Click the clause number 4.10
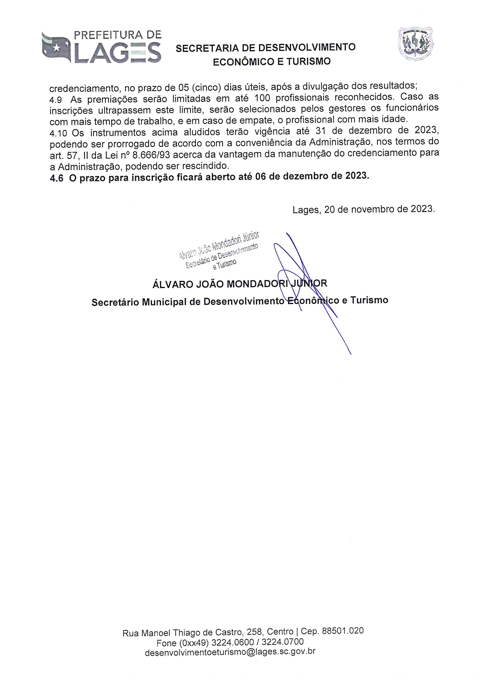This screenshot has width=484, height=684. [x=58, y=133]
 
